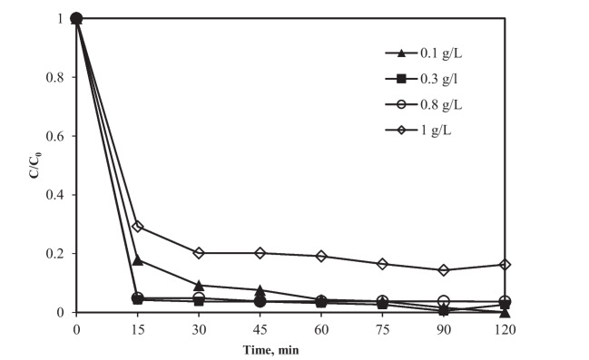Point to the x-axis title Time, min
(x=291, y=349)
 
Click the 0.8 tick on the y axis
(x=56, y=77)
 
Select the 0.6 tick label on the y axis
(x=56, y=136)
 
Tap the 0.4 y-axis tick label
(x=56, y=195)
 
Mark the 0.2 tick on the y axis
(x=56, y=254)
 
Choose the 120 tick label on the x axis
(x=504, y=328)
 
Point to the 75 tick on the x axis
(x=382, y=328)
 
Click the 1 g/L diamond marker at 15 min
(x=138, y=227)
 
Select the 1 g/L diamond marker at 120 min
(x=505, y=265)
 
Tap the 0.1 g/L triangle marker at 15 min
(x=138, y=260)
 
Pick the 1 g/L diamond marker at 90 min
(x=444, y=270)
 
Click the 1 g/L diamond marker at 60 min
(x=321, y=257)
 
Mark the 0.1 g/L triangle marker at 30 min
(x=199, y=286)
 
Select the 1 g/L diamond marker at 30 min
(x=199, y=253)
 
